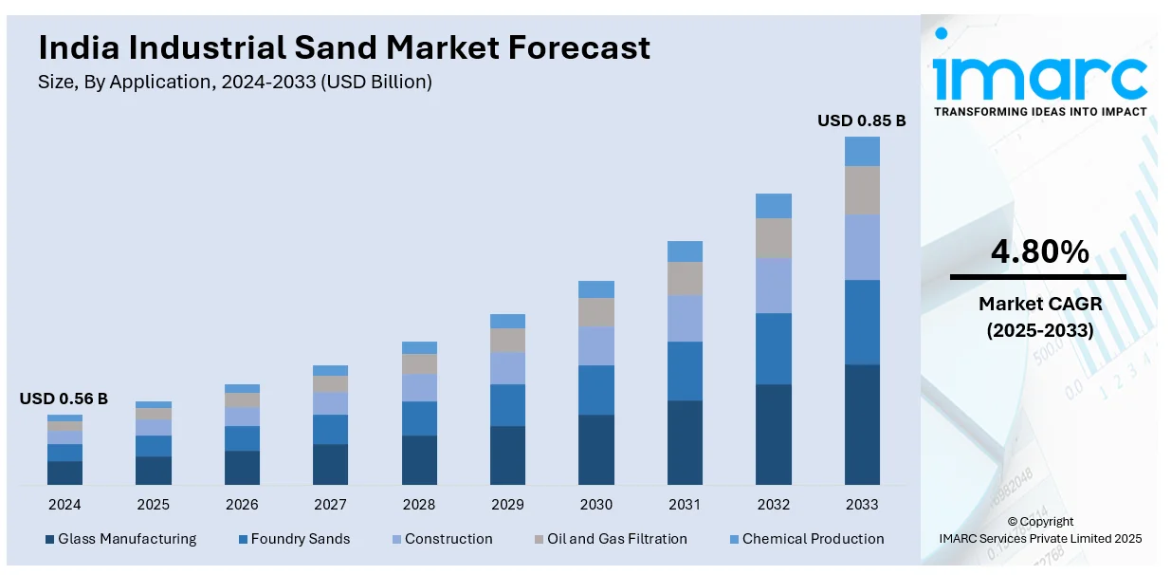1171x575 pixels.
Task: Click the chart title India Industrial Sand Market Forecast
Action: click(x=344, y=47)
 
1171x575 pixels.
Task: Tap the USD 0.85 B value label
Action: click(x=861, y=121)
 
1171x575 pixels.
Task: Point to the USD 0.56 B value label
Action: click(x=64, y=399)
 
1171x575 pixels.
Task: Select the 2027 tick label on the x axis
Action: click(x=330, y=504)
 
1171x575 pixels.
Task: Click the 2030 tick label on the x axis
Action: click(x=595, y=504)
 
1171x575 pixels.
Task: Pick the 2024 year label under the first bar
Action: click(x=64, y=504)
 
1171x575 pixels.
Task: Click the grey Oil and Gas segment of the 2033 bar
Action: click(x=862, y=191)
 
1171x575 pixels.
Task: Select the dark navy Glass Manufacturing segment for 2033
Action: click(x=862, y=424)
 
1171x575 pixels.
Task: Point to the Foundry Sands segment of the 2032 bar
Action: click(x=774, y=348)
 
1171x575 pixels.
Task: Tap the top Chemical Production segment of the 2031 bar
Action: click(x=685, y=251)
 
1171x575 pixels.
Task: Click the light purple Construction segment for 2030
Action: click(x=596, y=346)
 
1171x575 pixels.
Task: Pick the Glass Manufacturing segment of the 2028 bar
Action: click(x=419, y=460)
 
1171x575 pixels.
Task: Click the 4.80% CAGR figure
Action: click(x=1039, y=252)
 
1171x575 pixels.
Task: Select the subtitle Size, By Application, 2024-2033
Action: click(x=234, y=82)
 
